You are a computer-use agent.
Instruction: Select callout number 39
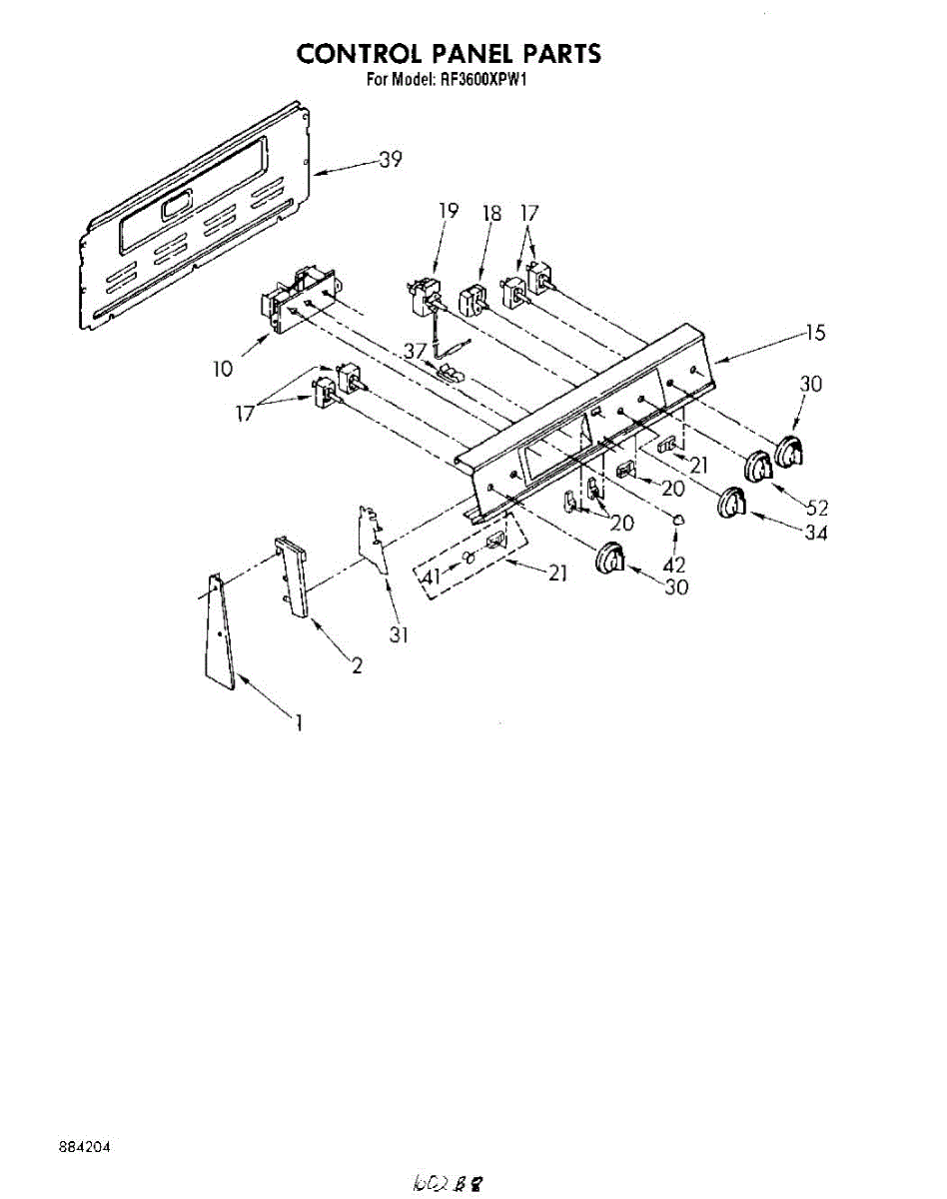point(390,159)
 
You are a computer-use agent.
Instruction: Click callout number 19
point(448,211)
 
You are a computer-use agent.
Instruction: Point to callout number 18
point(491,212)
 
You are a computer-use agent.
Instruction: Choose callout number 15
point(816,334)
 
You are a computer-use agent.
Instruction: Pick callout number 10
point(222,369)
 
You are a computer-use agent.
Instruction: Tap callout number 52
point(816,507)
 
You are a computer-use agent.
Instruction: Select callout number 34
point(816,533)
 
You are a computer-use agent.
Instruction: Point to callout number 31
point(399,633)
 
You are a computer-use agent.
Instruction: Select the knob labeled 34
point(732,503)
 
